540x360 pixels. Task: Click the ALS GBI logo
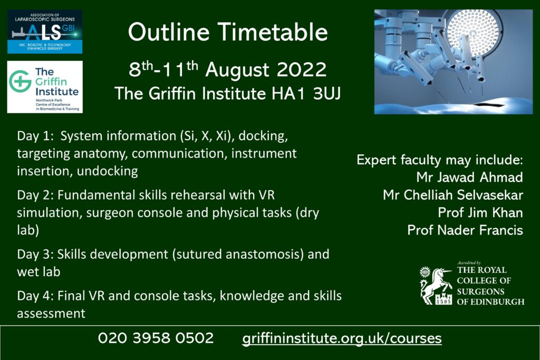pos(45,32)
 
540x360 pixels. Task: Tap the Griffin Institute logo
pos(45,87)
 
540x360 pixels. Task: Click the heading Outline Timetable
pos(228,32)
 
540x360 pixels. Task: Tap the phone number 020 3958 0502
pos(156,338)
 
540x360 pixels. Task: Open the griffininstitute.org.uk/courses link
pos(342,338)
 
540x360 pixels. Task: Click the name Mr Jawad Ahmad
pos(469,177)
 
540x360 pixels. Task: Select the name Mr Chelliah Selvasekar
pos(453,195)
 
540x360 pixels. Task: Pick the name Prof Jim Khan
pos(480,213)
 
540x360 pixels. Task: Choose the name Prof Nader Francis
pos(465,230)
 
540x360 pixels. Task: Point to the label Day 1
pos(35,137)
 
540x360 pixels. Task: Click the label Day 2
pos(35,196)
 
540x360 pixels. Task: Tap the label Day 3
pos(35,255)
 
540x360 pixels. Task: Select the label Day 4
pos(35,296)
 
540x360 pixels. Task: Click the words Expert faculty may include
pos(440,160)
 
